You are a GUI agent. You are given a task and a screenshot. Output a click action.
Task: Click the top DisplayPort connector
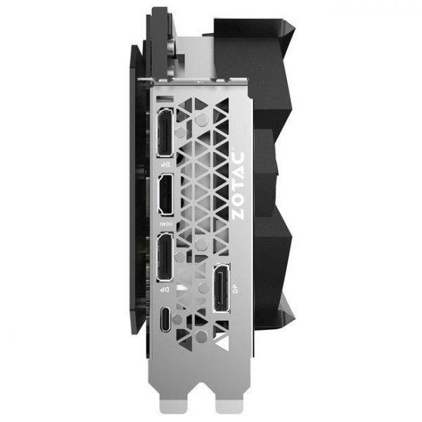pos(165,132)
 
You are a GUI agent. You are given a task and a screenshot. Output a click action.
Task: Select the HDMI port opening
pos(165,195)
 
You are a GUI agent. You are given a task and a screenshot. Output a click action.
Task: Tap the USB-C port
pos(165,319)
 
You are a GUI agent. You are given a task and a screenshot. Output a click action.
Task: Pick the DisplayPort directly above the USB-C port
pos(165,257)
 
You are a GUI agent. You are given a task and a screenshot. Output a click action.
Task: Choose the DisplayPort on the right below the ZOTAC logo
pos(222,288)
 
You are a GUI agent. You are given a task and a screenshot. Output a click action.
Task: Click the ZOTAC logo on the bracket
pos(238,186)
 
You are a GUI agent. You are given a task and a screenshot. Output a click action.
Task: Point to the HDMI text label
pos(165,224)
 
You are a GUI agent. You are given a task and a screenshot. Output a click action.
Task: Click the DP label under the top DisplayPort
pos(165,164)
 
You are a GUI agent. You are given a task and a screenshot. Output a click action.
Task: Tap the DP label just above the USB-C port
pos(164,290)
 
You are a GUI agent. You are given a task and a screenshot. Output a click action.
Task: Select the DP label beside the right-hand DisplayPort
pos(236,289)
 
